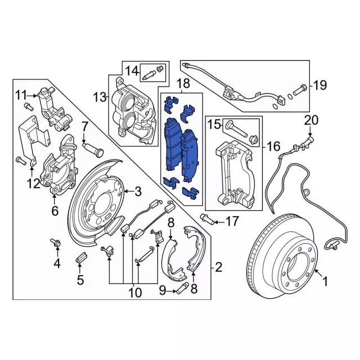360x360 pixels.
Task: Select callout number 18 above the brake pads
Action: click(x=183, y=85)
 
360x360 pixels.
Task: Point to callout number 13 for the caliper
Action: click(x=100, y=98)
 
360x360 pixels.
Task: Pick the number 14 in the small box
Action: click(x=131, y=71)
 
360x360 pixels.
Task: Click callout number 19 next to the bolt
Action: click(x=319, y=86)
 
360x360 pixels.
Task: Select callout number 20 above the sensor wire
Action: click(x=311, y=120)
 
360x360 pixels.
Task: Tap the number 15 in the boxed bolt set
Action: click(x=214, y=124)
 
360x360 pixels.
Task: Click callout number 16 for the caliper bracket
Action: click(x=273, y=147)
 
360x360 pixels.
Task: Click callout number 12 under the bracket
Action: click(x=33, y=183)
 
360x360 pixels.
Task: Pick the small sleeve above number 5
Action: click(x=80, y=259)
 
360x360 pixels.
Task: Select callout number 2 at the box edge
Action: click(x=219, y=267)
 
